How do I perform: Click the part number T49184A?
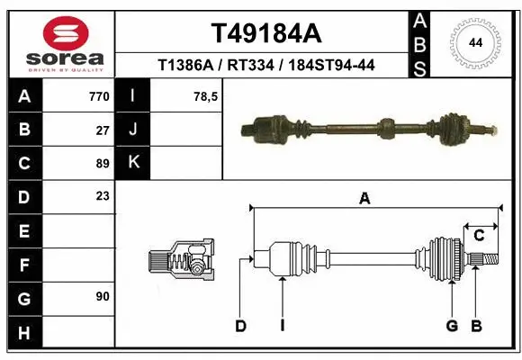[x=265, y=33]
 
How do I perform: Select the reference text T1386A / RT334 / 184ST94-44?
[x=265, y=65]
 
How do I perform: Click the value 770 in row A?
[x=98, y=96]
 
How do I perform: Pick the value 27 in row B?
[x=103, y=130]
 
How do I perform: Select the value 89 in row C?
[x=103, y=163]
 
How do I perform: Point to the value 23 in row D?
[x=103, y=195]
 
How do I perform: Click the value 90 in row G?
[x=103, y=295]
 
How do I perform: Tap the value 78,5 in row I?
[x=206, y=96]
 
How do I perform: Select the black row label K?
[x=133, y=163]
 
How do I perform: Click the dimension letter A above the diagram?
[x=364, y=199]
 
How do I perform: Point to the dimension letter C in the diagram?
[x=479, y=236]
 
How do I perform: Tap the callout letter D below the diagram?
[x=240, y=326]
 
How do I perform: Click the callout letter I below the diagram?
[x=282, y=326]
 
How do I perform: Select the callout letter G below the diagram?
[x=452, y=326]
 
